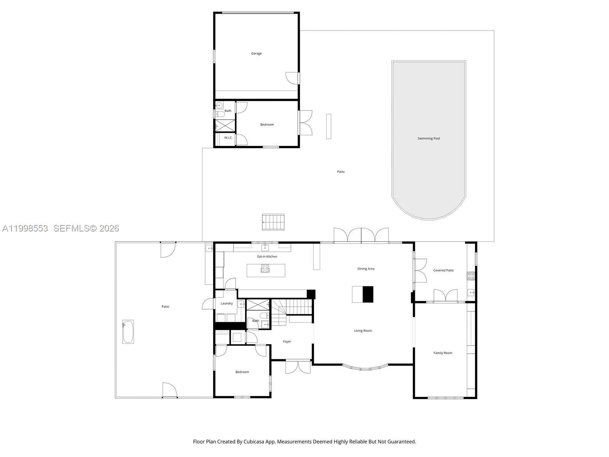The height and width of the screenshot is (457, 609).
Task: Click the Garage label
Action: pos(256,53)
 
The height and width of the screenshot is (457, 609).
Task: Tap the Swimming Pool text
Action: pos(429,138)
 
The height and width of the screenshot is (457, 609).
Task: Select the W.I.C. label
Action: pos(228,137)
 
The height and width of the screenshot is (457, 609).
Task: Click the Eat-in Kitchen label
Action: pos(267,256)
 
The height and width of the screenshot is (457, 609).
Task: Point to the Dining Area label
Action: pos(366,268)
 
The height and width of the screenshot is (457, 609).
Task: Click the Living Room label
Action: pos(363,331)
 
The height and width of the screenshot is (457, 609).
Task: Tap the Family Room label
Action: pos(443,353)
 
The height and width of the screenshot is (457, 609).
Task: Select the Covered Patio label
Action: pos(443,270)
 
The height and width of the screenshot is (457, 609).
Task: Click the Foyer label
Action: pos(287,341)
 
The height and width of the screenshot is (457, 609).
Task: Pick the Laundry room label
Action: pos(226,303)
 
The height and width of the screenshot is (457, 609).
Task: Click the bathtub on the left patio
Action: pos(128,332)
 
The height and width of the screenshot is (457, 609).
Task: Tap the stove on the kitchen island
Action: pos(265,268)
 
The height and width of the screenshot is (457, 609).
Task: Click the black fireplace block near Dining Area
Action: pos(368,294)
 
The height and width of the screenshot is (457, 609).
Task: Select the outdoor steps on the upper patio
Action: pos(273,222)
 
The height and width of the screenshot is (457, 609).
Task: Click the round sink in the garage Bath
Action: pos(219,105)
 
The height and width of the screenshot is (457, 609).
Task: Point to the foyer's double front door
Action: pos(298,366)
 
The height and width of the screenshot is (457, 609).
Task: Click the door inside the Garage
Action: pos(292,78)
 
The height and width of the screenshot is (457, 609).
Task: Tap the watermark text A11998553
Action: pos(25,228)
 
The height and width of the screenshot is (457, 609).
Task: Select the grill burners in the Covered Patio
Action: pos(471,276)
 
